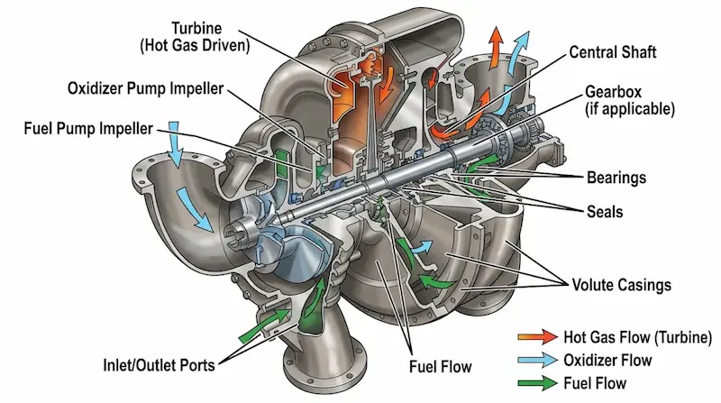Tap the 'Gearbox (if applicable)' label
pos(629,101)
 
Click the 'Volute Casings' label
pos(622,285)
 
